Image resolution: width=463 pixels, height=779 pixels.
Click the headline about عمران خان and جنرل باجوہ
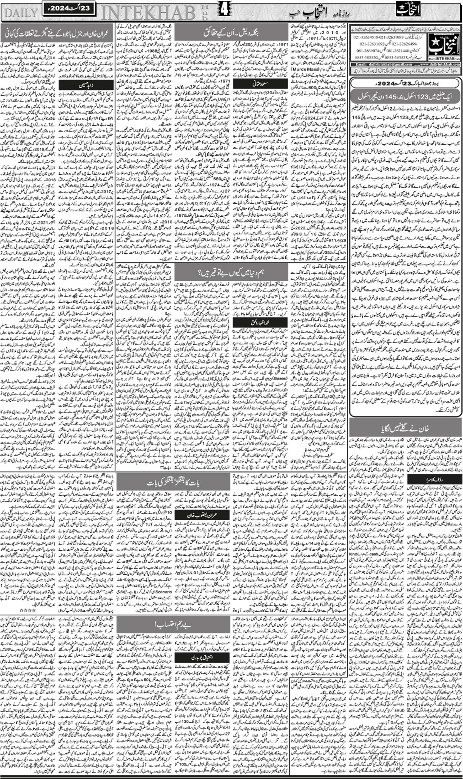(58, 33)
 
